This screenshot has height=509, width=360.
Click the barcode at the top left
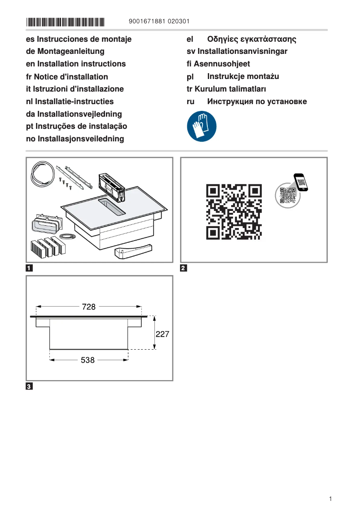[65, 22]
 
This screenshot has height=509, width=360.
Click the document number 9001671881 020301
[159, 22]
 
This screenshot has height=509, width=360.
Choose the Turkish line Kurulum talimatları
[226, 89]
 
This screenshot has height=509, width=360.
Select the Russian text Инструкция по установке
[257, 101]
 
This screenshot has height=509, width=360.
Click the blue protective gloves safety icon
[202, 127]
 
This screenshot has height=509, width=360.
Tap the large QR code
[233, 211]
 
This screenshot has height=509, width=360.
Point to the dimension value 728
[89, 307]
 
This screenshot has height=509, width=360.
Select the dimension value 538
[88, 360]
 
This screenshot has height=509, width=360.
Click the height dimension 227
[162, 334]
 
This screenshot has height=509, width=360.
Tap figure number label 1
[29, 269]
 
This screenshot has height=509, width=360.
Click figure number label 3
[29, 386]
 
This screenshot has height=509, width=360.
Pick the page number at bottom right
[330, 499]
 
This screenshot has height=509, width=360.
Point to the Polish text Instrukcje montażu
[243, 77]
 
